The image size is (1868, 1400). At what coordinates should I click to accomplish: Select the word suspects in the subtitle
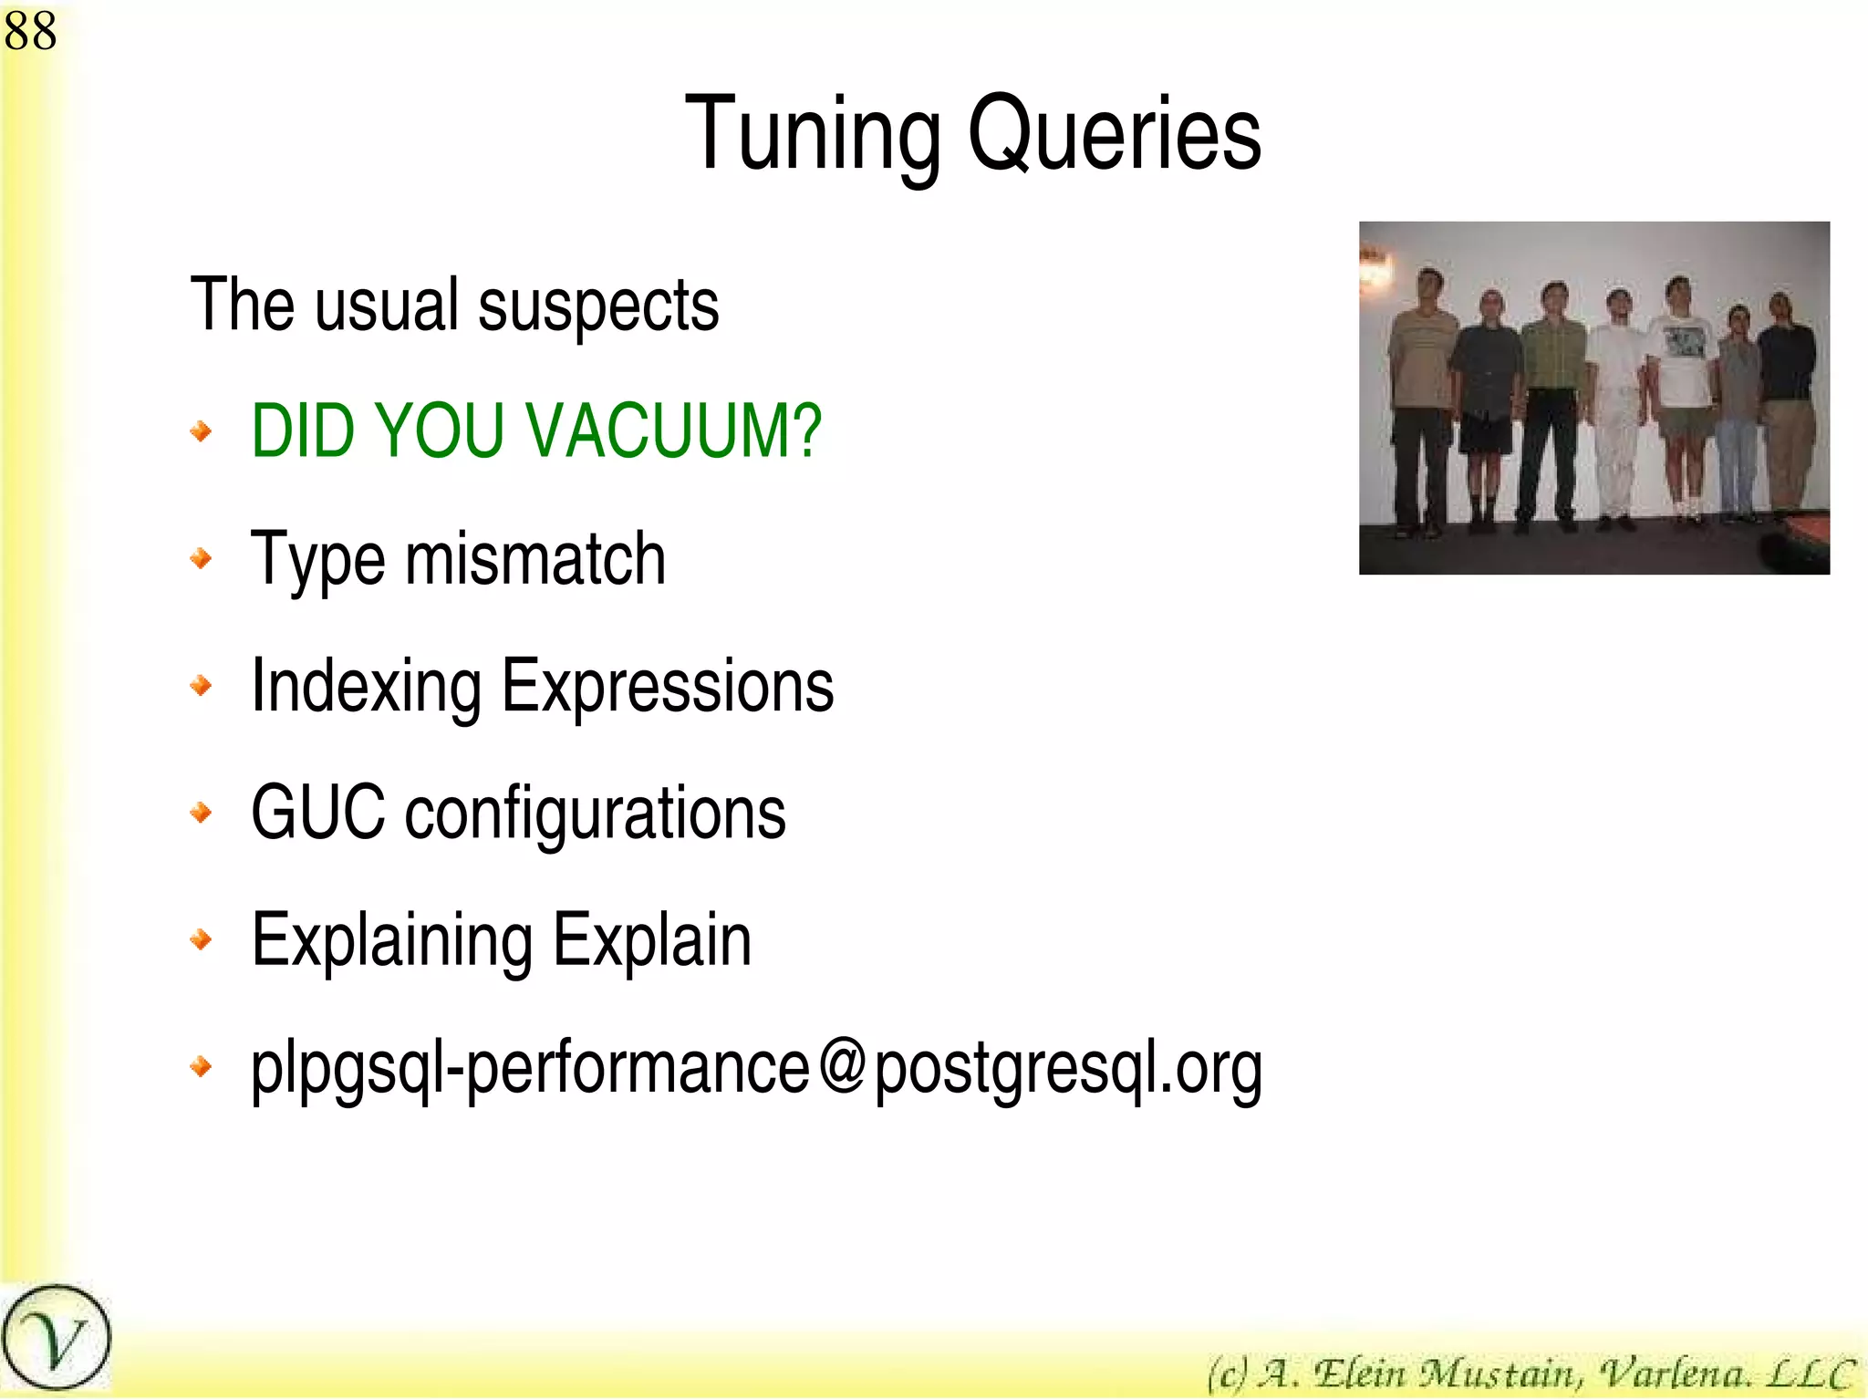tap(598, 306)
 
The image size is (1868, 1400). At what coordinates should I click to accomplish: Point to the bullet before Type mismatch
tap(202, 558)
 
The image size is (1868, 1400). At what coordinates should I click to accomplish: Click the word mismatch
tap(535, 558)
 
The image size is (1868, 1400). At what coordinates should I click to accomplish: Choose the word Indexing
tap(366, 686)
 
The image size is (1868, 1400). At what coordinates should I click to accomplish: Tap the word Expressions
tap(668, 686)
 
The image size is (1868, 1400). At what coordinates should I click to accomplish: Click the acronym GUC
tap(317, 812)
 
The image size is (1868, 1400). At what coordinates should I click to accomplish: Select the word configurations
tap(595, 814)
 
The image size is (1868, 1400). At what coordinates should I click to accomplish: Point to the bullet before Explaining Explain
tap(202, 939)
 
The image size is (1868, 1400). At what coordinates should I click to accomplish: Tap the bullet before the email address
tap(202, 1065)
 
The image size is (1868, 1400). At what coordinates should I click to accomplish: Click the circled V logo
tap(55, 1339)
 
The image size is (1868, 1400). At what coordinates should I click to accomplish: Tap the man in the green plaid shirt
tap(1552, 392)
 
